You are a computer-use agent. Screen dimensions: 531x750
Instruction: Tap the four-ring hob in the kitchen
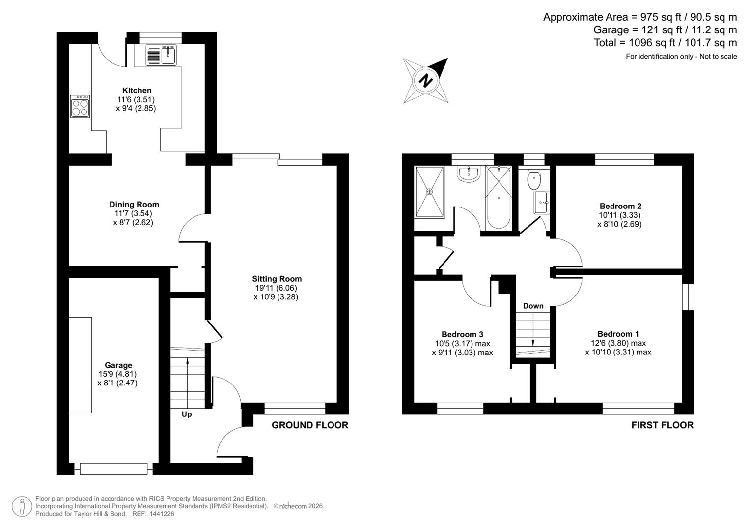(x=80, y=106)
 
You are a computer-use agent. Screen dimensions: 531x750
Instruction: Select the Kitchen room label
(x=137, y=90)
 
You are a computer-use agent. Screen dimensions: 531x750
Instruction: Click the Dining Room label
(x=134, y=205)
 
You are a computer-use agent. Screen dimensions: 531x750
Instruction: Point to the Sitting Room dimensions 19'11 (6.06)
(x=276, y=288)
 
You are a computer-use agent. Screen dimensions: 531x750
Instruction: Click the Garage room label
(x=118, y=365)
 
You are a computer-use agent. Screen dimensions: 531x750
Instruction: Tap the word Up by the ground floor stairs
(x=187, y=414)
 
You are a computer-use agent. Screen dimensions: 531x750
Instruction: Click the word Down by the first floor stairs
(x=533, y=306)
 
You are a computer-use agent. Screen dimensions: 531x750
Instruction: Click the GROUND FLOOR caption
(x=310, y=425)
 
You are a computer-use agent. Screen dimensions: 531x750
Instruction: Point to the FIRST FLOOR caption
(x=662, y=425)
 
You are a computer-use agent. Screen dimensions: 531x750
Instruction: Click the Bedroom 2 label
(x=620, y=206)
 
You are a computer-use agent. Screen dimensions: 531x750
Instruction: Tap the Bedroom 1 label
(x=618, y=334)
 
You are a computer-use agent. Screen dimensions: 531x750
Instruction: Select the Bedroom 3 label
(x=462, y=334)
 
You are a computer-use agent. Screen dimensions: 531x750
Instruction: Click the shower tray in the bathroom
(x=430, y=191)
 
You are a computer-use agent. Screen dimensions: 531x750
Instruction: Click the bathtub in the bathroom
(x=498, y=197)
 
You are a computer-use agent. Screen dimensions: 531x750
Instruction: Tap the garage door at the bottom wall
(x=113, y=469)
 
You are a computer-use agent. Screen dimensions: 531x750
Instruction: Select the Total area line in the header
(x=665, y=43)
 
